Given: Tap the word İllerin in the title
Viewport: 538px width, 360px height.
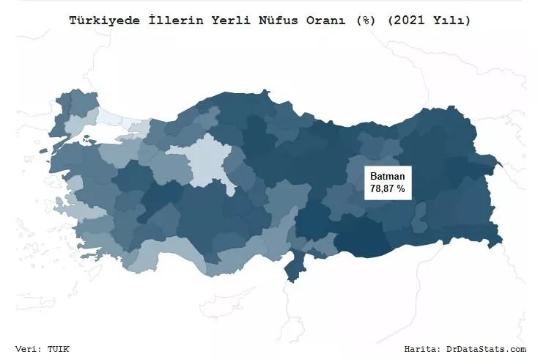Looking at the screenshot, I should pos(161,21).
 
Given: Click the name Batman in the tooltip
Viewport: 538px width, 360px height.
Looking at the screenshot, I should pos(387,177).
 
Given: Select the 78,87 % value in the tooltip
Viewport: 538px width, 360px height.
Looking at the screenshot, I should pos(387,188).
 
